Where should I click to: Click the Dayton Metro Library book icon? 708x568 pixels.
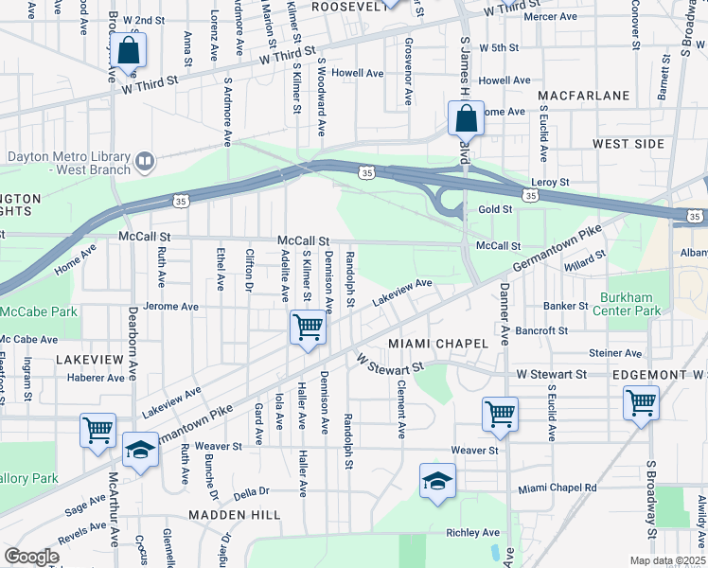click(x=145, y=162)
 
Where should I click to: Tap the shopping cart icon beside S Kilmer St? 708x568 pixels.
click(x=308, y=328)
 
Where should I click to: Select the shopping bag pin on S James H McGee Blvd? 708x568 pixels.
click(x=466, y=120)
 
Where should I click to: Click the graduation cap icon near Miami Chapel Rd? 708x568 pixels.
click(x=437, y=482)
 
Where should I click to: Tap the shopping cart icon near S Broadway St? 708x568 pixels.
click(x=641, y=404)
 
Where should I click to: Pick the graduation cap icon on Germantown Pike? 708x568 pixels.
click(x=140, y=451)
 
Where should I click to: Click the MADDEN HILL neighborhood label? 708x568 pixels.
click(x=235, y=514)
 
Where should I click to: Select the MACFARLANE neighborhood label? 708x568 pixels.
click(x=583, y=97)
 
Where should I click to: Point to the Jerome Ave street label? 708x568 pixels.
click(x=170, y=307)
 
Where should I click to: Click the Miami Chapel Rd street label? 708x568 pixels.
click(x=558, y=488)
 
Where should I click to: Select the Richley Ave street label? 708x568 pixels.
click(x=472, y=533)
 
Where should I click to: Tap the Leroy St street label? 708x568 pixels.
click(x=550, y=182)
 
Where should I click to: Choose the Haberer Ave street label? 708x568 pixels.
click(x=96, y=377)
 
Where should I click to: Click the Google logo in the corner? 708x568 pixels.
click(x=31, y=557)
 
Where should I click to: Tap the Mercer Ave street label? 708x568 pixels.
click(x=550, y=17)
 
